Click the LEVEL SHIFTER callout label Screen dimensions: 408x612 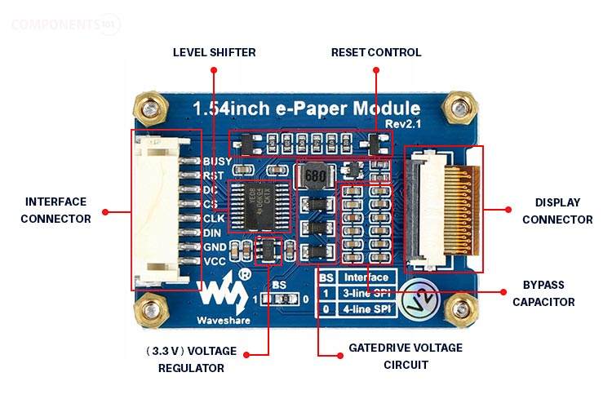pyautogui.click(x=214, y=52)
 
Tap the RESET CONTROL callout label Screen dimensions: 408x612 pyautogui.click(x=376, y=52)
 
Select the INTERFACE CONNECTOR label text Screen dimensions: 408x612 pyautogui.click(x=55, y=210)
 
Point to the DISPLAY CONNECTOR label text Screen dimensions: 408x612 pyautogui.click(x=557, y=211)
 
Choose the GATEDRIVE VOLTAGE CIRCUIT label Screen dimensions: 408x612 pyautogui.click(x=405, y=356)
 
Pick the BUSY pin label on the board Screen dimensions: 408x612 pyautogui.click(x=216, y=162)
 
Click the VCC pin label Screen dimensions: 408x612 pyautogui.click(x=215, y=261)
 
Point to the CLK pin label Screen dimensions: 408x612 pyautogui.click(x=214, y=218)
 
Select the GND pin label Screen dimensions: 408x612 pyautogui.click(x=215, y=246)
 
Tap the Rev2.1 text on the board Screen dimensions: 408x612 pyautogui.click(x=403, y=123)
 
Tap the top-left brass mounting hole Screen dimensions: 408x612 pyautogui.click(x=149, y=105)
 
